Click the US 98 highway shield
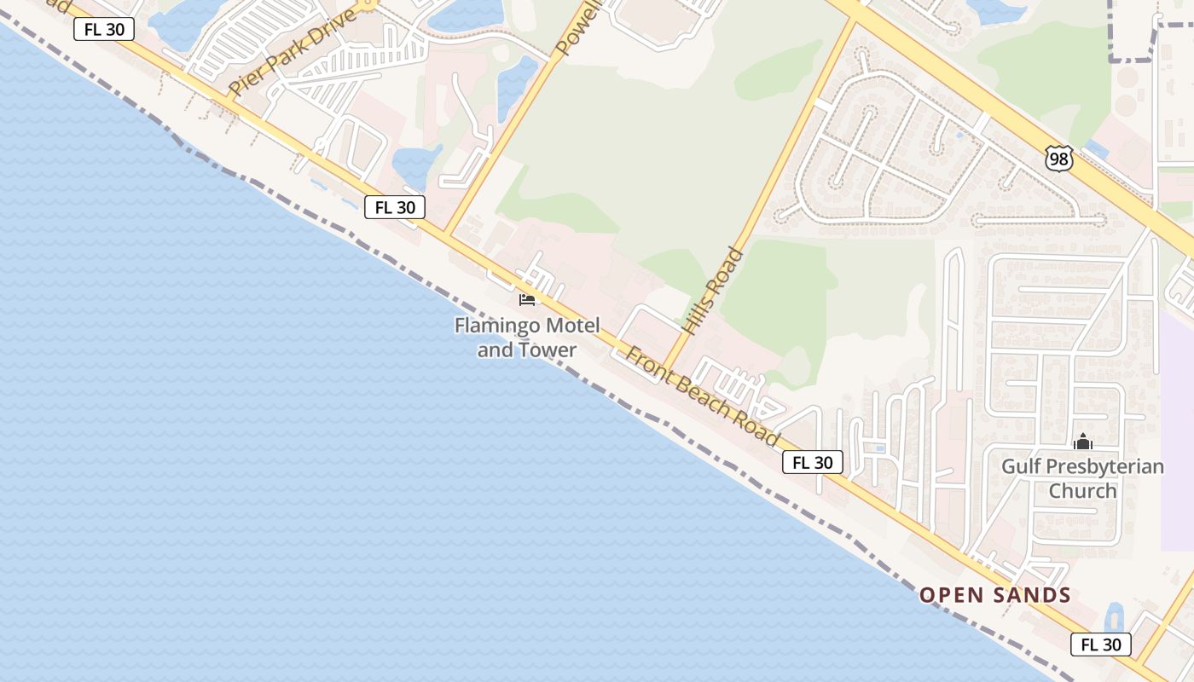(1058, 158)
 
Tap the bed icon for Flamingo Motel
(527, 299)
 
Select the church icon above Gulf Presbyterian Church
(1083, 442)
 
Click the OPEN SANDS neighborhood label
(994, 595)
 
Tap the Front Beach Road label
(703, 396)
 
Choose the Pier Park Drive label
(292, 52)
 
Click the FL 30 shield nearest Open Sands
(1100, 644)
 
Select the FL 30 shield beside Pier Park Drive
(104, 29)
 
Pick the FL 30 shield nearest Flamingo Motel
(394, 206)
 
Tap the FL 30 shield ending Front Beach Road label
(812, 462)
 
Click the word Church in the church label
(1082, 491)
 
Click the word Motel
(571, 325)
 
